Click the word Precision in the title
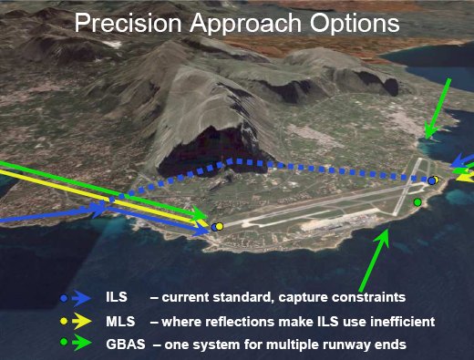pyautogui.click(x=128, y=23)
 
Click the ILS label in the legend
pyautogui.click(x=117, y=296)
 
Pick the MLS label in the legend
pyautogui.click(x=120, y=321)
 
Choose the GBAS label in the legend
pyautogui.click(x=126, y=345)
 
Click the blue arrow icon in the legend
pyautogui.click(x=81, y=298)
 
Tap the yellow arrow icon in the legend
pyautogui.click(x=82, y=321)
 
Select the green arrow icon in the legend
pyautogui.click(x=82, y=343)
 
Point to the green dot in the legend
pyautogui.click(x=64, y=342)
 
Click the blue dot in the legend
pyautogui.click(x=64, y=298)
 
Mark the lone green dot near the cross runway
pyautogui.click(x=417, y=201)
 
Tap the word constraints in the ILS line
pyautogui.click(x=368, y=297)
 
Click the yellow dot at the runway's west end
pyautogui.click(x=220, y=227)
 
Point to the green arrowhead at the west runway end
pyautogui.click(x=200, y=214)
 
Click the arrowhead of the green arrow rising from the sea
pyautogui.click(x=384, y=238)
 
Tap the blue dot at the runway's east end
pyautogui.click(x=431, y=181)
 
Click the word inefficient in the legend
pyautogui.click(x=402, y=322)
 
